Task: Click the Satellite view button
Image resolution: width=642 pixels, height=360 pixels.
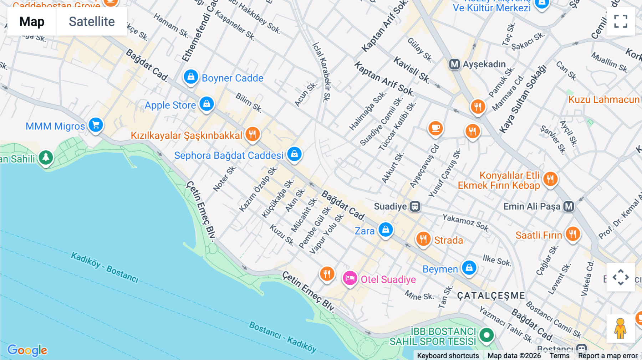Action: coord(92,21)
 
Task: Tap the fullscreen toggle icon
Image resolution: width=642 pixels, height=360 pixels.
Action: coord(621,21)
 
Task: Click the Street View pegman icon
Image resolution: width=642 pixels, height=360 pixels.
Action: coord(620,328)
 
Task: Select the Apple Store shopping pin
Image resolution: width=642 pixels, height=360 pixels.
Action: coord(207,104)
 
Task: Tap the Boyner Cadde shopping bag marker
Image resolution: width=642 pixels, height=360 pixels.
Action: coord(191,77)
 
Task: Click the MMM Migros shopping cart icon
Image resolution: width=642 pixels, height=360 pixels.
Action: coord(96,125)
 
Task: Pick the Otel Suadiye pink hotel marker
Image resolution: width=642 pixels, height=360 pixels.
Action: coord(350,278)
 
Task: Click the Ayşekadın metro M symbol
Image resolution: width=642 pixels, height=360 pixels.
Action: coord(454,64)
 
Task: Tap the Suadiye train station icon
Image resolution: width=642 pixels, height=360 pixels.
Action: coord(415,206)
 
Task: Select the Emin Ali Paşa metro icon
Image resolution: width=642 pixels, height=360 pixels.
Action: coord(569,206)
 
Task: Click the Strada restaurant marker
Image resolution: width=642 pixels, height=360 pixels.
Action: coord(423,238)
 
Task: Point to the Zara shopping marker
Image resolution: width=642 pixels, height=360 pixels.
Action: coord(386,230)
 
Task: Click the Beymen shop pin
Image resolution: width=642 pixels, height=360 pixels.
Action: coord(469,267)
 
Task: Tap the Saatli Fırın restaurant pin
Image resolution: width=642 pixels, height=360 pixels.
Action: coord(573,234)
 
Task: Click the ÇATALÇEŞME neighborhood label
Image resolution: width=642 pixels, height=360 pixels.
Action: coord(491,295)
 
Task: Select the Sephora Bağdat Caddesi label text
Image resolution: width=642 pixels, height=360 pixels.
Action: coord(229,155)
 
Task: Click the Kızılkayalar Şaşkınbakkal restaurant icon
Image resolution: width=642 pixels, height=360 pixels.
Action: coord(253,134)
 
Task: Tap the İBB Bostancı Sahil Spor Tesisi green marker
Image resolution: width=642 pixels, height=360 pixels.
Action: coord(486,335)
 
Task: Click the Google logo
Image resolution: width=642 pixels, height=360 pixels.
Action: coord(27,350)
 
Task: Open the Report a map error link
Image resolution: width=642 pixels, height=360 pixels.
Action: coord(607,356)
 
